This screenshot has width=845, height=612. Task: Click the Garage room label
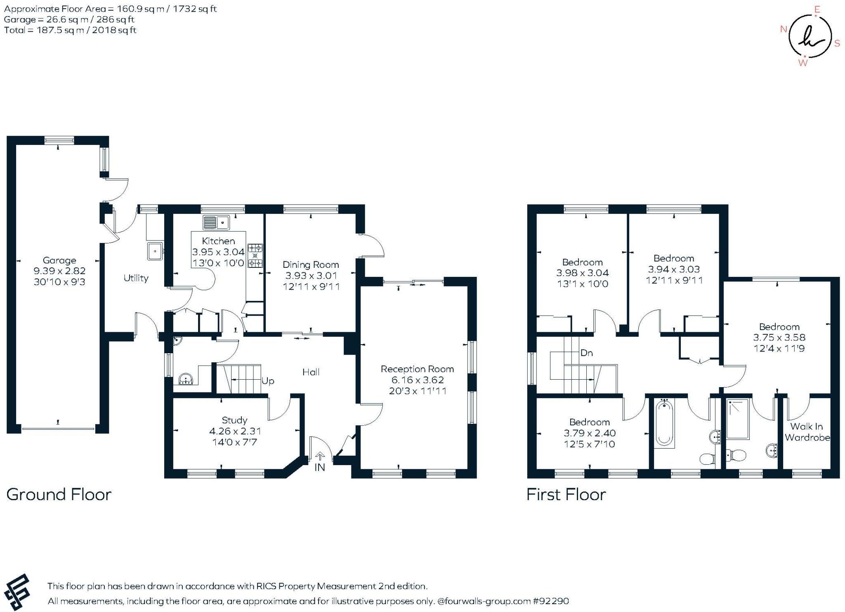point(59,260)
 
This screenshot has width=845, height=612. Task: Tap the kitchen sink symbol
point(216,223)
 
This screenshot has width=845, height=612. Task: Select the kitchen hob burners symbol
point(255,256)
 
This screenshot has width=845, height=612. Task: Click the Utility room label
point(136,278)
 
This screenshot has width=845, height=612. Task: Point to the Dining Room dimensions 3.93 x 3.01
point(311,276)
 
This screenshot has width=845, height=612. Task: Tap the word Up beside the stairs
point(268,381)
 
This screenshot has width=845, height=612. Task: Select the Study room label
point(234,421)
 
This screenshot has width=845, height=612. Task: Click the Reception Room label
point(417,369)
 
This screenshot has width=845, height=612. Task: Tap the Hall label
point(311,372)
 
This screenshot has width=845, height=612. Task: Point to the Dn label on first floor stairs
point(586,353)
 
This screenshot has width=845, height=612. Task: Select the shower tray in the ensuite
point(738,418)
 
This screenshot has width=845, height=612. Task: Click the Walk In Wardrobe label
point(807,432)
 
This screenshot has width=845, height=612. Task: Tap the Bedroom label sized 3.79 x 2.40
point(589,422)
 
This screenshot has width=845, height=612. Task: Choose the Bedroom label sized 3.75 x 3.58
point(779,327)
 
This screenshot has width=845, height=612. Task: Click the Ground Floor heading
point(59,495)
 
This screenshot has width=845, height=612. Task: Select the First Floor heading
point(566,495)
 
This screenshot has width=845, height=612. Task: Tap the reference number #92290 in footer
point(551,601)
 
